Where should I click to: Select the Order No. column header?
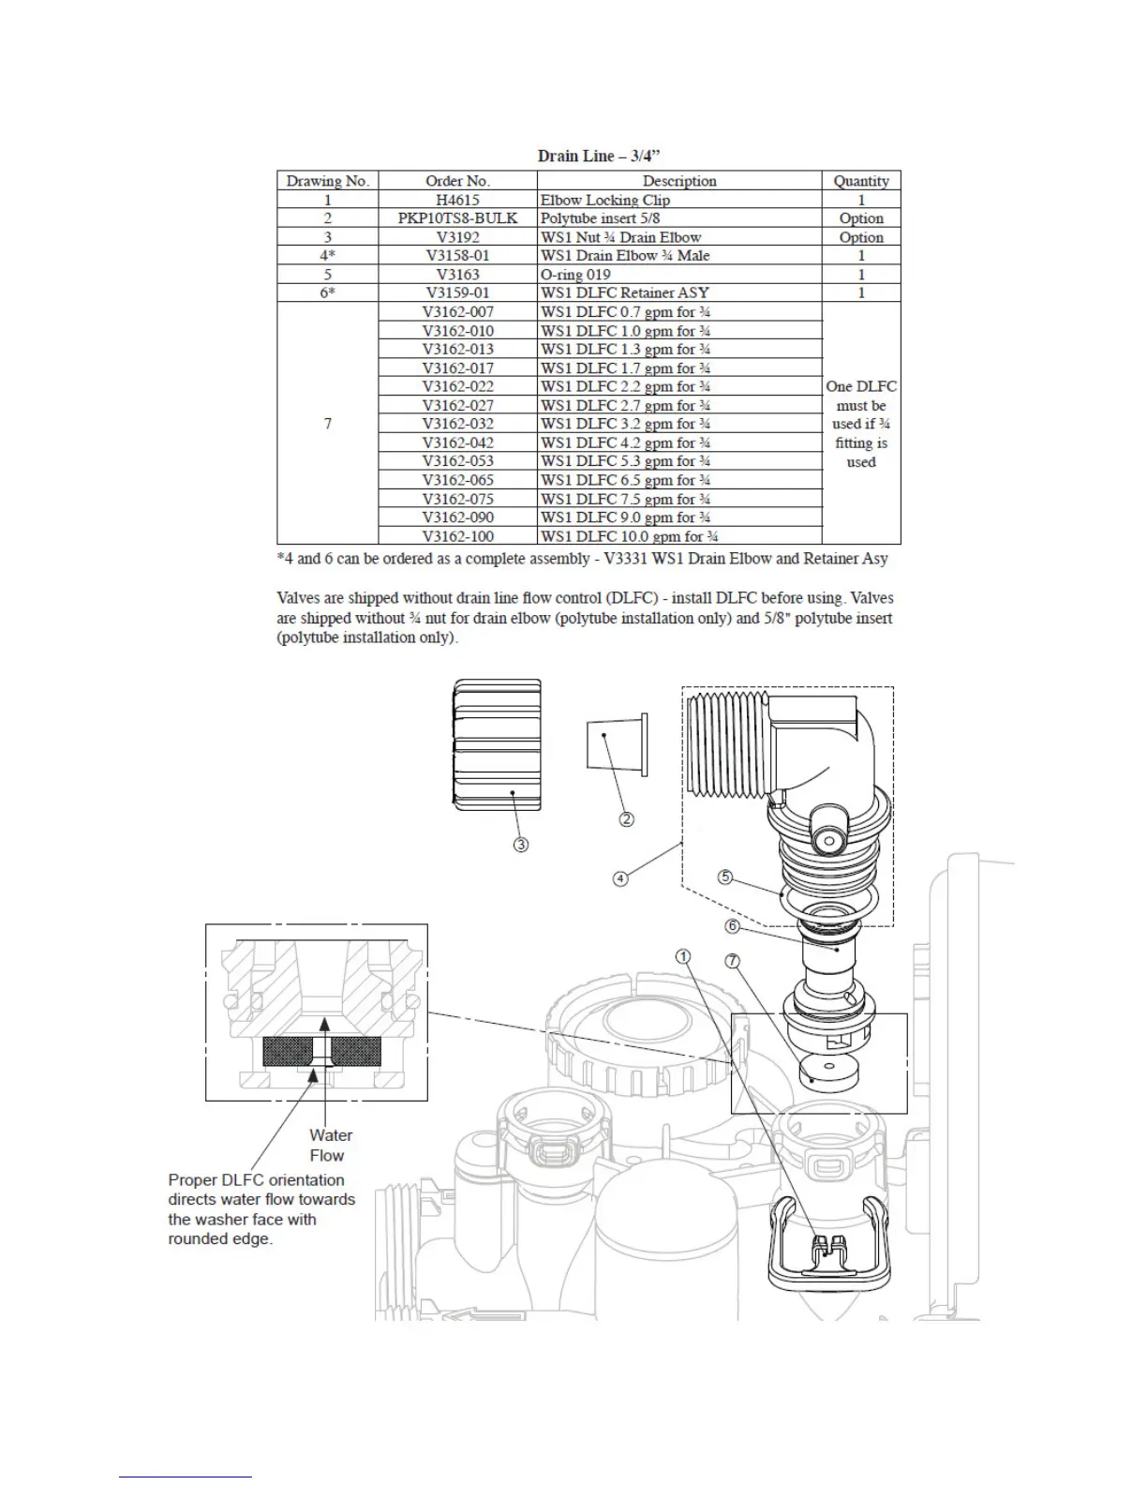(x=457, y=181)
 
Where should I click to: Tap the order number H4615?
(x=457, y=200)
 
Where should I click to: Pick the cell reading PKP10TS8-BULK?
(x=457, y=217)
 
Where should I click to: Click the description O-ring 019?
(x=575, y=274)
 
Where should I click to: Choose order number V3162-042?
(x=457, y=442)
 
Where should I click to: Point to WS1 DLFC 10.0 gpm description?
(x=629, y=536)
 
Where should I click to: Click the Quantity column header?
(x=860, y=181)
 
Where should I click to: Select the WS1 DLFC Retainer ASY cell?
(x=624, y=292)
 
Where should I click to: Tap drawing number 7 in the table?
(x=327, y=424)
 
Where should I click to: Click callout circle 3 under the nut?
(x=520, y=845)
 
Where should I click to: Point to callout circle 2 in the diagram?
(x=626, y=819)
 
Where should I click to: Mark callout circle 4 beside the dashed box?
(x=620, y=878)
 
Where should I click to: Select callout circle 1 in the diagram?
(x=684, y=956)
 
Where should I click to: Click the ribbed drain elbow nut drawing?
(x=497, y=745)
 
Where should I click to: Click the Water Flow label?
(x=330, y=1145)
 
